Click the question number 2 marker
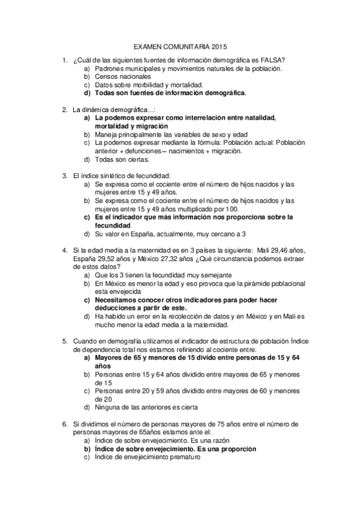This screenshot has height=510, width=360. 64,110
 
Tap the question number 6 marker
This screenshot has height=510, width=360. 64,423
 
